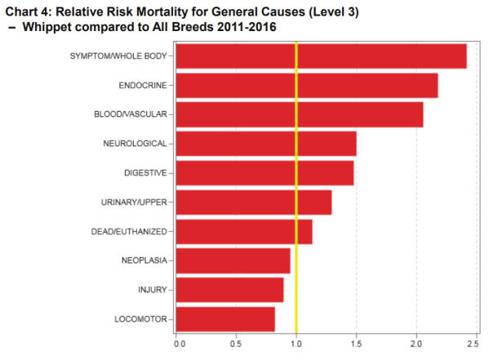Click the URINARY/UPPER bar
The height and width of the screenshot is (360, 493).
[254, 202]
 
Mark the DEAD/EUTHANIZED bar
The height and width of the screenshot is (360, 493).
[244, 232]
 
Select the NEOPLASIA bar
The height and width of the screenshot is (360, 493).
[233, 261]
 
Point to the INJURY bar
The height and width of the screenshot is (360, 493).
[229, 290]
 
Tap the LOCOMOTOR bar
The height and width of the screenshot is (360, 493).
[225, 319]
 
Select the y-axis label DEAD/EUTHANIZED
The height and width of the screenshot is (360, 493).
[129, 232]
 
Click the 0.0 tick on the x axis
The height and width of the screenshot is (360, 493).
[179, 344]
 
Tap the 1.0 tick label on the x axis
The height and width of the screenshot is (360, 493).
[297, 344]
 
